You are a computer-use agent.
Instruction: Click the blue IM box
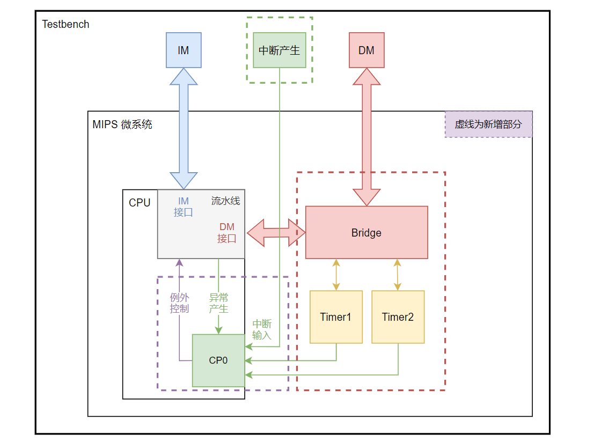(184, 50)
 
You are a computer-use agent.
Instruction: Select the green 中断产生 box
(279, 50)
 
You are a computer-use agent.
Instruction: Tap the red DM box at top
(367, 50)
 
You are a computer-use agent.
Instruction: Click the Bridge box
(367, 232)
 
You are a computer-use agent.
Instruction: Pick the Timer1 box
(336, 316)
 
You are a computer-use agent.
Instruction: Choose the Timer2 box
(398, 316)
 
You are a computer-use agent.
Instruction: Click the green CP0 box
(218, 360)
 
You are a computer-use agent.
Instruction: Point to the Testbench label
(65, 24)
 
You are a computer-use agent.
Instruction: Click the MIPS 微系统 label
(122, 124)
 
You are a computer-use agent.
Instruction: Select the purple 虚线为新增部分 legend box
(488, 124)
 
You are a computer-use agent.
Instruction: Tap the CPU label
(140, 203)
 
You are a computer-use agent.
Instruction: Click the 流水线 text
(225, 201)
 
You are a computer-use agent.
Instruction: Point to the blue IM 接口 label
(183, 207)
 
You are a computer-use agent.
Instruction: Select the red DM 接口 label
(227, 233)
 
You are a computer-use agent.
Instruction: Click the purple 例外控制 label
(179, 303)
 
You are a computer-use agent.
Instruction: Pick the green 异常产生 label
(218, 303)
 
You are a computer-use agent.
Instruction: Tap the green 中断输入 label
(262, 329)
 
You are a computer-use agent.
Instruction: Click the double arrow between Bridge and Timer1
(336, 275)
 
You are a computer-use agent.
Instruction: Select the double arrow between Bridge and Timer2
(398, 275)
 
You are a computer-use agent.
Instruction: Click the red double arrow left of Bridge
(276, 233)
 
